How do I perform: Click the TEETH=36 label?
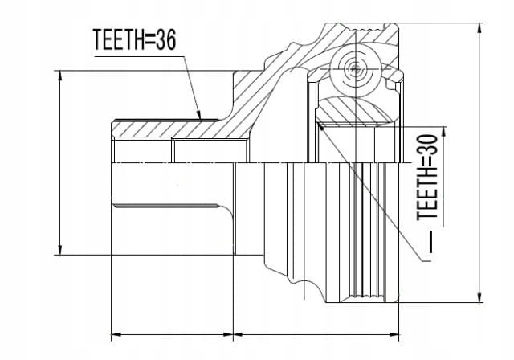(134, 39)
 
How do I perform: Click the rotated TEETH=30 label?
(427, 177)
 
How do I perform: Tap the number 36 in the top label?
(166, 39)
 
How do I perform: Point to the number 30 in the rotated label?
(427, 145)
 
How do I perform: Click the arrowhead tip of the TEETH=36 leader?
(200, 119)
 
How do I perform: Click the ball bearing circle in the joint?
(355, 69)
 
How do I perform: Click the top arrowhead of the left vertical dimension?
(59, 72)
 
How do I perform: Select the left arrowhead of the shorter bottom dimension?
(112, 335)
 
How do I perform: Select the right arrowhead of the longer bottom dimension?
(399, 335)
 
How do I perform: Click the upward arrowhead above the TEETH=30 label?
(444, 128)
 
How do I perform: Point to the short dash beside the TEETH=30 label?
(430, 242)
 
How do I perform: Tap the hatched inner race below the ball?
(355, 111)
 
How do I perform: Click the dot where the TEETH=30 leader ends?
(321, 128)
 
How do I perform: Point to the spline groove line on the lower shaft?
(166, 206)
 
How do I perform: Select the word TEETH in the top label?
(118, 39)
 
